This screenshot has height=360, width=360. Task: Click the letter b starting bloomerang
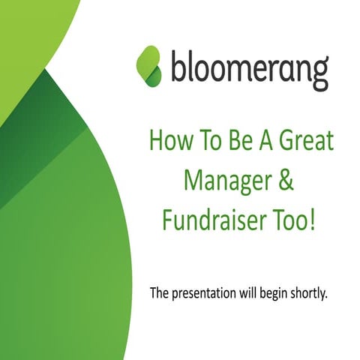pyautogui.click(x=179, y=66)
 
